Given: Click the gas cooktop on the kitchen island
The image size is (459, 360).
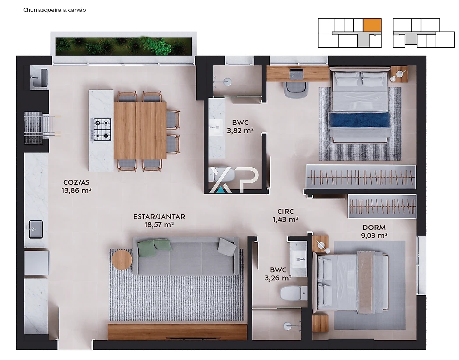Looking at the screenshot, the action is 102,129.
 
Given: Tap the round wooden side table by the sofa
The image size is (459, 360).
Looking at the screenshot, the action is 122,260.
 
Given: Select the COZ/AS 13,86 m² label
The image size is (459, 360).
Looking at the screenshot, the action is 76,187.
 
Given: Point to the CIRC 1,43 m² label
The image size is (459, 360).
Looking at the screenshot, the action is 286,216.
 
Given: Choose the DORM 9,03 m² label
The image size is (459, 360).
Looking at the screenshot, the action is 374,232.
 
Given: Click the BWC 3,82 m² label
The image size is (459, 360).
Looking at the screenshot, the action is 240,127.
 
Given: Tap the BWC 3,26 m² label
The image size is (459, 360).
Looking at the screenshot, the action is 278,274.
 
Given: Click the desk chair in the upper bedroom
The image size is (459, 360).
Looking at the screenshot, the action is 296,89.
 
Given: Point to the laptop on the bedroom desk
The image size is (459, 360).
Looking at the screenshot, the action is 297,74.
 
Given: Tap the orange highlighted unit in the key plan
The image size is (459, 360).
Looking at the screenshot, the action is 372,25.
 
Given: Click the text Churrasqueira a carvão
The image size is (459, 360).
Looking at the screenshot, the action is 55,10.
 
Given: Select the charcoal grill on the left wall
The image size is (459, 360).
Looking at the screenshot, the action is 34,127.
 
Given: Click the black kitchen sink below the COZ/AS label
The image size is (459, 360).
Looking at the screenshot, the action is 36,229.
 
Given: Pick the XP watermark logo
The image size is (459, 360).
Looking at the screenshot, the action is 234,180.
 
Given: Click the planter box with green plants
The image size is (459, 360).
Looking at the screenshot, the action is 124,46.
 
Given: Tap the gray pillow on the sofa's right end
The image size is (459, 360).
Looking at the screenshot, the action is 227,247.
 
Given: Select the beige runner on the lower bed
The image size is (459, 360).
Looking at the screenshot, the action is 366,282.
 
